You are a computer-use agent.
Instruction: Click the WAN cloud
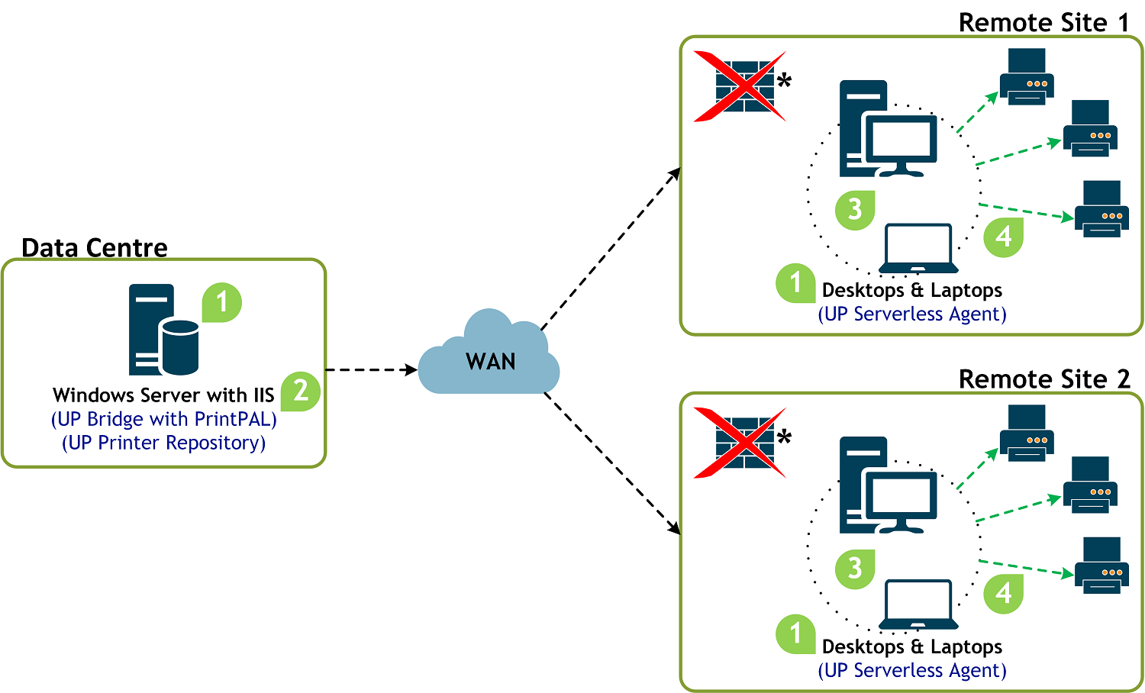click(489, 353)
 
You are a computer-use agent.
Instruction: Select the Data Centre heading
click(95, 248)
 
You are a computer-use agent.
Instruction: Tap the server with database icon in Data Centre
click(163, 330)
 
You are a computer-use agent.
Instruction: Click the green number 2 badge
click(301, 392)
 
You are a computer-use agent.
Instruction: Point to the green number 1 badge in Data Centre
click(222, 302)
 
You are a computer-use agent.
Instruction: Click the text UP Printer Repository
click(163, 443)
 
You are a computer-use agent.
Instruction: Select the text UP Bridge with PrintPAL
click(163, 419)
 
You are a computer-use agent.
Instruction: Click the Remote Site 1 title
click(1043, 22)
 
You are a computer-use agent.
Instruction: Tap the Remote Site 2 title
click(1043, 379)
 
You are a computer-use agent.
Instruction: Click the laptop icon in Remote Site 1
click(918, 248)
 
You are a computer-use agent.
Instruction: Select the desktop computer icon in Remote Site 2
click(888, 485)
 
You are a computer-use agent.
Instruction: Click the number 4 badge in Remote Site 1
click(1004, 237)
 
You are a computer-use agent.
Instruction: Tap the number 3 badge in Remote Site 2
click(855, 569)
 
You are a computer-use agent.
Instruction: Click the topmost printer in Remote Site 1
click(1027, 76)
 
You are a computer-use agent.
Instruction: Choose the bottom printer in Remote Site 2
click(1101, 566)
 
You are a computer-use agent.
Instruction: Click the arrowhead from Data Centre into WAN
click(411, 369)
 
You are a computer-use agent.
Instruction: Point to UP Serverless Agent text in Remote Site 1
click(912, 314)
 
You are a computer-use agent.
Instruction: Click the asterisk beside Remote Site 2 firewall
click(784, 437)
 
